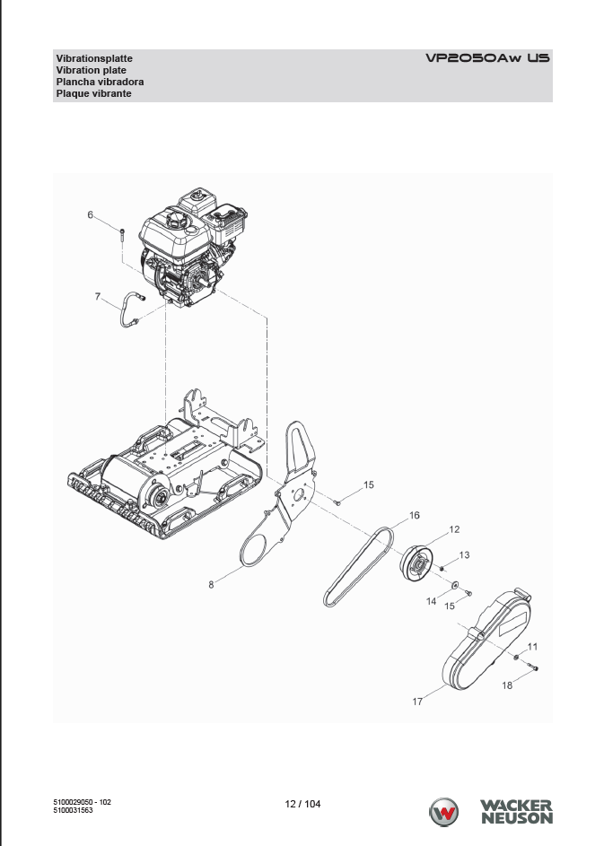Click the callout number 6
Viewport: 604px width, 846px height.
90,214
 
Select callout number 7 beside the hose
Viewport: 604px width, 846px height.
98,296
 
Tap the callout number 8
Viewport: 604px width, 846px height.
211,584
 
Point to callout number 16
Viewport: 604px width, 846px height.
415,515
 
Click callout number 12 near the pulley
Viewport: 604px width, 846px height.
454,529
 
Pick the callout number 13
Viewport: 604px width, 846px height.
464,554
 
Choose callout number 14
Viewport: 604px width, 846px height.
432,601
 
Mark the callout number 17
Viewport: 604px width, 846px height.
417,702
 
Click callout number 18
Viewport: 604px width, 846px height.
507,685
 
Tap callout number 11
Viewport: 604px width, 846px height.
533,646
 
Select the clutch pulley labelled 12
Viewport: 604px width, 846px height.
416,563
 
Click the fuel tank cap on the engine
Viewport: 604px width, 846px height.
175,219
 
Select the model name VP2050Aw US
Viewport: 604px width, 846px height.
487,57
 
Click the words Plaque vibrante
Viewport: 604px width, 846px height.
94,93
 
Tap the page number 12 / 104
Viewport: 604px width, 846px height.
302,804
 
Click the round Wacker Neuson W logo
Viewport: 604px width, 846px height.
443,812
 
